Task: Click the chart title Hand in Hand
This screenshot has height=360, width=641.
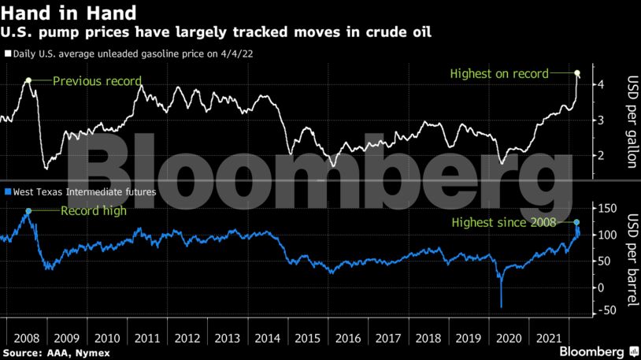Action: (69, 13)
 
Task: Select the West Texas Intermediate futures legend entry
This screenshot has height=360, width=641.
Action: (81, 191)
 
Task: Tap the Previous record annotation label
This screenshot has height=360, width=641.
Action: (97, 80)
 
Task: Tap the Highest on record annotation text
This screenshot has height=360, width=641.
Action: (498, 74)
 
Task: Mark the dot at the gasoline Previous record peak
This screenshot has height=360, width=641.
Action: (28, 80)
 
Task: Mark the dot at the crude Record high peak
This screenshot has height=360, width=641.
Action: (28, 211)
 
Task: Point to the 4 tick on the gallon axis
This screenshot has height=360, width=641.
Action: (601, 84)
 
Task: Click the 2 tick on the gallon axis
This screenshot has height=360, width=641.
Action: (601, 155)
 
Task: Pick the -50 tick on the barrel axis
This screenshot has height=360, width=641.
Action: (606, 311)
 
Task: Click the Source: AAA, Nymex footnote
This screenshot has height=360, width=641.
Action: (56, 352)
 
